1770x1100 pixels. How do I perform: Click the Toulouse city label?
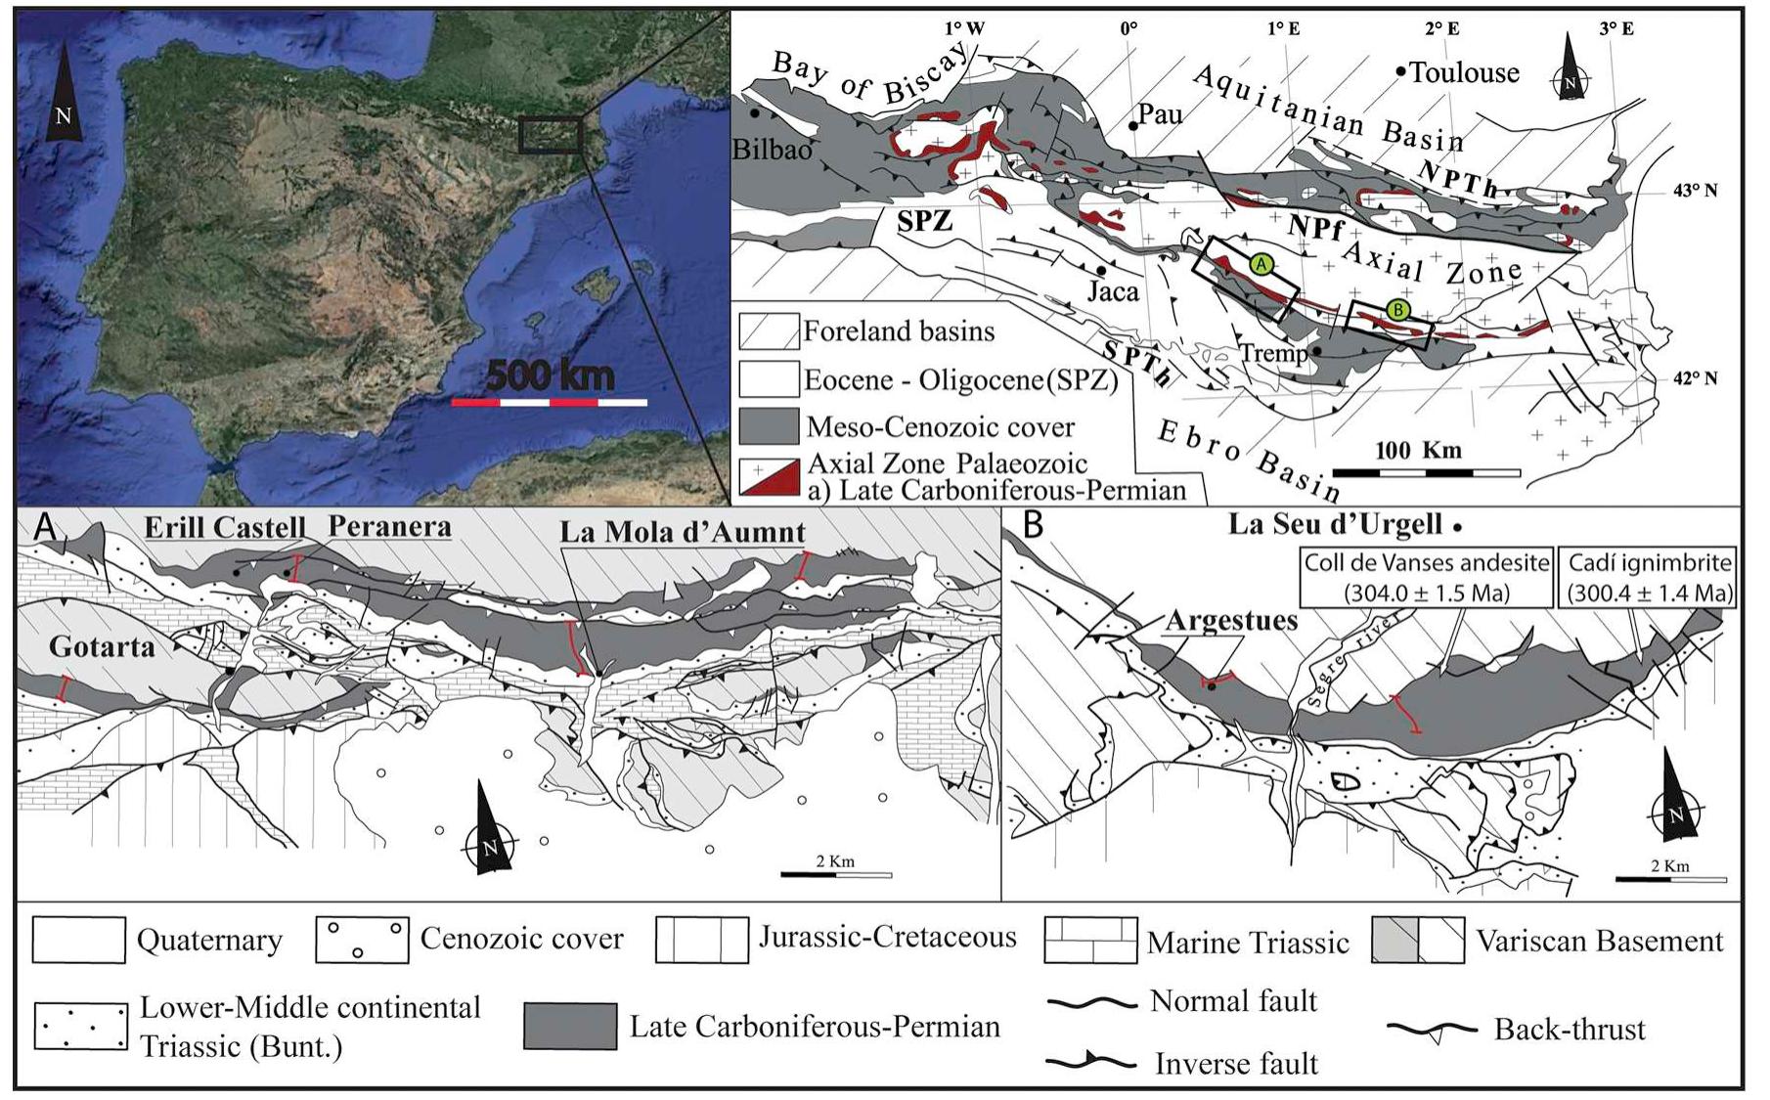(1464, 72)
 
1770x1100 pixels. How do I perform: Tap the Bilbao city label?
(773, 150)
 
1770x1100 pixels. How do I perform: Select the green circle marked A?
(1261, 264)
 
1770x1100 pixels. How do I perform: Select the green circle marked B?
(1399, 311)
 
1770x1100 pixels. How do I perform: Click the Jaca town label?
(1114, 291)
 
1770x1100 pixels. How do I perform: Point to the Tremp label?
(1274, 353)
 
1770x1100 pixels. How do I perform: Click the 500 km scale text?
(550, 375)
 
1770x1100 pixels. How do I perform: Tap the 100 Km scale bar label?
(1418, 451)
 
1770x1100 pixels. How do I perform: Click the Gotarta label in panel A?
(102, 646)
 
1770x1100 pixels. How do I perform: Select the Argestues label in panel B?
(1231, 620)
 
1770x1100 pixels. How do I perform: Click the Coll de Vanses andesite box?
(1427, 578)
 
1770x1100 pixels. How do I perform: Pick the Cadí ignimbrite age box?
(1649, 578)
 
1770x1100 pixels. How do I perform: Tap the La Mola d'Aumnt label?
(683, 533)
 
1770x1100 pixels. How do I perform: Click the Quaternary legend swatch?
(79, 940)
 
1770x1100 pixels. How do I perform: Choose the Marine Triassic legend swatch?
(1090, 941)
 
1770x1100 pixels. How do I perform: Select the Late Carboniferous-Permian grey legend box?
(569, 1026)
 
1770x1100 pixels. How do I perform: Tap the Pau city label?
(1161, 115)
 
